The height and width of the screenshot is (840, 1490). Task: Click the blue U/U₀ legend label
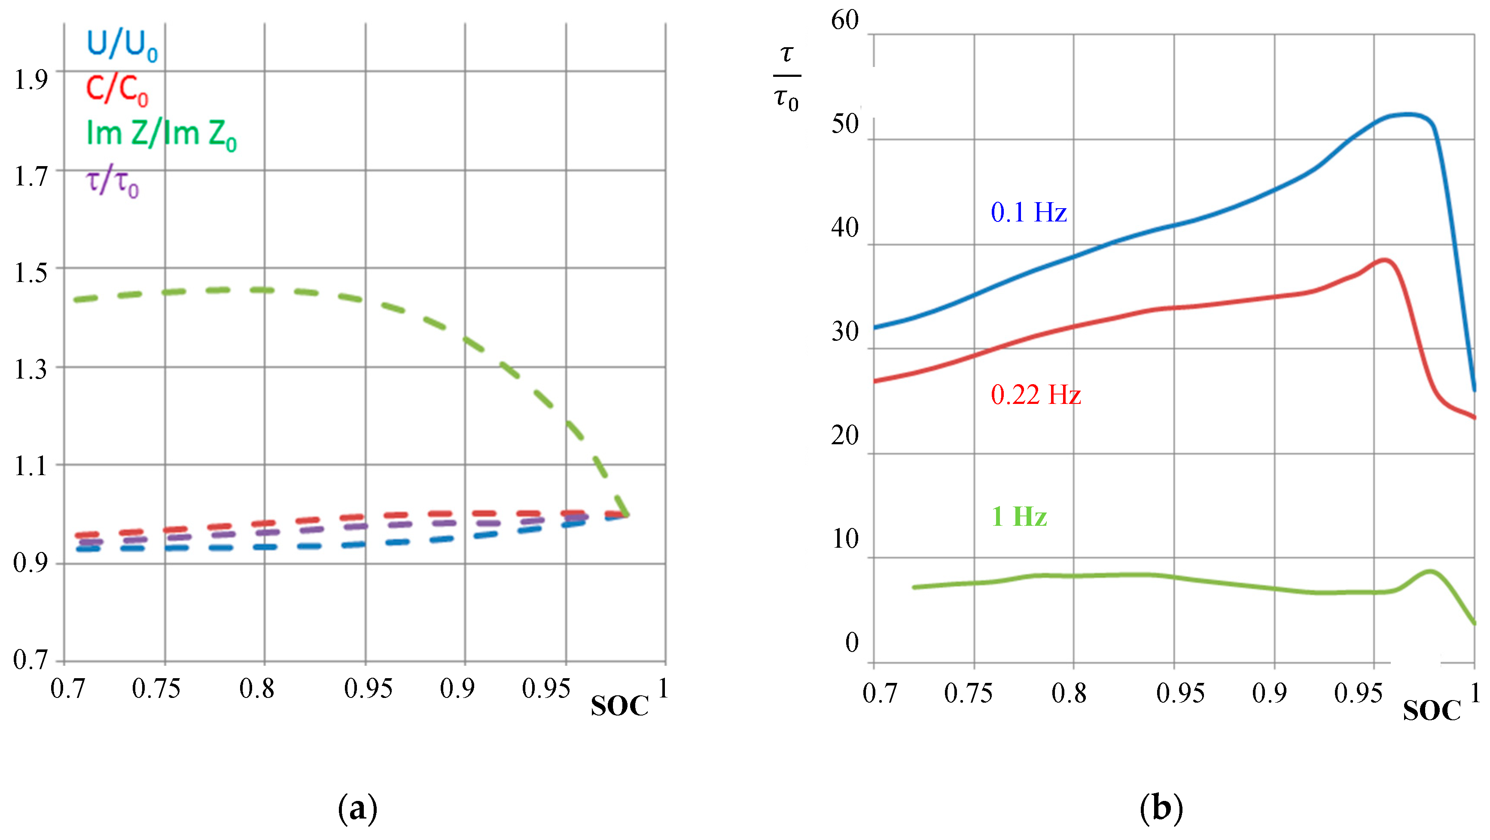122,45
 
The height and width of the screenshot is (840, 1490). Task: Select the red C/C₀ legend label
117,90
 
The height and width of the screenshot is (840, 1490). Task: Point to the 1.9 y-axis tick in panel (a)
30,80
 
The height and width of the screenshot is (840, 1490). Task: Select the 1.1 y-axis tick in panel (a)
30,466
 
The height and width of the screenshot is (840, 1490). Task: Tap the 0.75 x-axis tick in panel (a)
156,688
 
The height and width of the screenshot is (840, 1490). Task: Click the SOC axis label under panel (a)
619,707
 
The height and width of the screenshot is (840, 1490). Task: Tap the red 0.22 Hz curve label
1036,395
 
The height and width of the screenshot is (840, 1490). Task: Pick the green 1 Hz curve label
1019,516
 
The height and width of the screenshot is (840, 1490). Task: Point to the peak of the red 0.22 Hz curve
1384,260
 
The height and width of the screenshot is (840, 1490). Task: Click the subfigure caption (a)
357,808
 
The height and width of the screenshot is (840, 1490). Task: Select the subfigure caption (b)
1161,808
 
